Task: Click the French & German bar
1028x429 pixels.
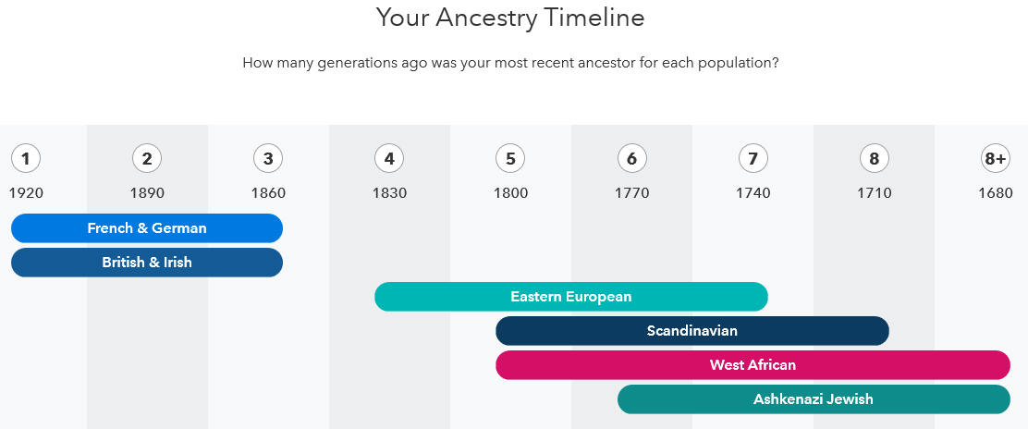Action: [147, 228]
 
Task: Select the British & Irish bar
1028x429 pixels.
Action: [147, 263]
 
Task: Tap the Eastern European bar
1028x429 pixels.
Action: [571, 297]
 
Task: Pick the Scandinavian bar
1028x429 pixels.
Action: [692, 331]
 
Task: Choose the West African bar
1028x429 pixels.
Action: [753, 364]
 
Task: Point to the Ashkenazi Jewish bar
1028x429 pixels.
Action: [814, 398]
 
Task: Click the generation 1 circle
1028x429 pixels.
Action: [26, 159]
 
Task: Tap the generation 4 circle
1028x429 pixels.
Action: [389, 159]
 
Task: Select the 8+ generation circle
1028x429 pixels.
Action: [996, 159]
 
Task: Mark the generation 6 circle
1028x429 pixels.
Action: [632, 159]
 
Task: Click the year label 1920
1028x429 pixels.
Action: [26, 193]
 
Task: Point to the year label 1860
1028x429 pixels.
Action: [268, 193]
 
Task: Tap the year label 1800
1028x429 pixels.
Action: [510, 193]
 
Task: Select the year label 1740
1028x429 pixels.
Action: [753, 193]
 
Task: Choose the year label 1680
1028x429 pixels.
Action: [996, 193]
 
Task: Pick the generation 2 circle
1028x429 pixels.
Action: [147, 159]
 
